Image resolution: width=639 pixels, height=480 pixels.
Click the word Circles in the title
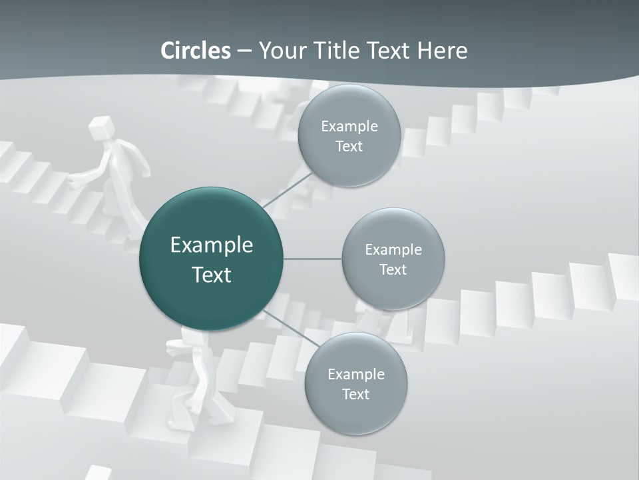click(195, 51)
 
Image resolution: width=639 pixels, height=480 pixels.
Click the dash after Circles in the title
click(244, 51)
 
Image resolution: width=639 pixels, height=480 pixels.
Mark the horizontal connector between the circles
click(312, 259)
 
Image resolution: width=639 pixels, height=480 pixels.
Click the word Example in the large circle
click(211, 245)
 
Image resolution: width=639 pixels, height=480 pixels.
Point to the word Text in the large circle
click(211, 275)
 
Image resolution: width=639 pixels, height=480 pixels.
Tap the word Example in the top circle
click(349, 127)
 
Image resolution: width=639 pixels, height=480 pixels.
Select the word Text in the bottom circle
click(355, 394)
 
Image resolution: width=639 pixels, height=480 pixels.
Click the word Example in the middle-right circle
click(393, 250)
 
